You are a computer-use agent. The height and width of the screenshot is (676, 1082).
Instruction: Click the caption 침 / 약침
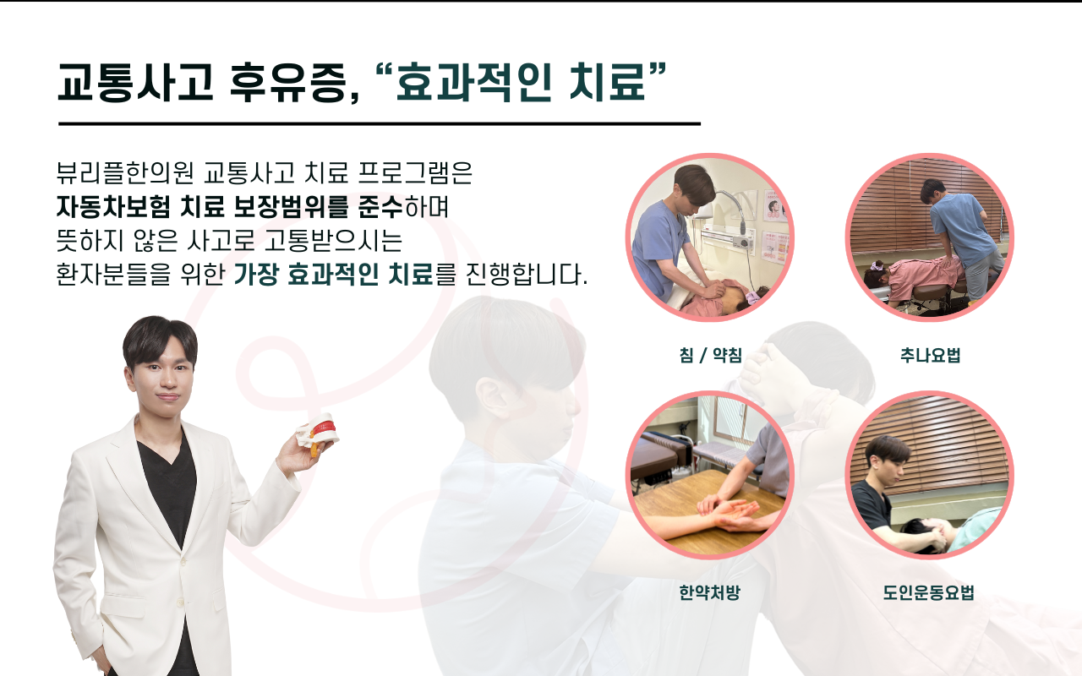709,356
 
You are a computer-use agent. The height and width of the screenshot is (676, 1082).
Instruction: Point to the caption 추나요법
930,356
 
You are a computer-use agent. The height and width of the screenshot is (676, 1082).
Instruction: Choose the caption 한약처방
709,592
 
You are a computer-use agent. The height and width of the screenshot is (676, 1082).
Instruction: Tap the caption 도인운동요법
929,592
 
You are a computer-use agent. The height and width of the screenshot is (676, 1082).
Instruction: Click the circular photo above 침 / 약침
709,237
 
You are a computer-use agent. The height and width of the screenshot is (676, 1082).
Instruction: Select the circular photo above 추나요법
930,237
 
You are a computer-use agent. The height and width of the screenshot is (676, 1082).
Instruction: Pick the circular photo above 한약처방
709,475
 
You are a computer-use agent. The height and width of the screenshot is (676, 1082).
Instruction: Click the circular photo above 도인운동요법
930,475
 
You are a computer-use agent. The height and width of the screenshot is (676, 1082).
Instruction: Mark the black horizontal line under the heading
380,123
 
